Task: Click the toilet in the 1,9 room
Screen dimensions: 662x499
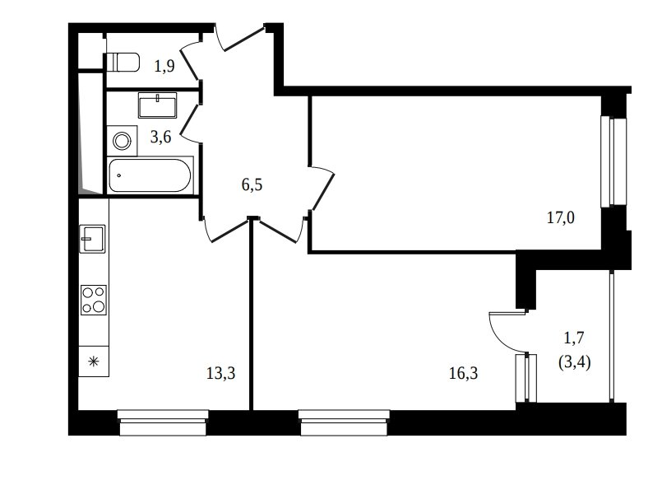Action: tap(122, 63)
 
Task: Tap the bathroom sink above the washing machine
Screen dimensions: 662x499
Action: tap(157, 105)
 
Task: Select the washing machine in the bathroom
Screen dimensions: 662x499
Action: tap(122, 141)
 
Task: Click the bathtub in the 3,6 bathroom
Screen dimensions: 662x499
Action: tap(150, 175)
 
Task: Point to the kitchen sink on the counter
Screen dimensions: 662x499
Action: tap(92, 239)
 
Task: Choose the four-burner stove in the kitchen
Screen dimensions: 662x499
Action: tap(94, 300)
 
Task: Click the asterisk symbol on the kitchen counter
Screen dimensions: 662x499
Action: tap(93, 361)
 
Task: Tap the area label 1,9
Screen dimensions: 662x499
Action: tap(164, 67)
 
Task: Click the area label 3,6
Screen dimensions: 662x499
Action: tap(161, 137)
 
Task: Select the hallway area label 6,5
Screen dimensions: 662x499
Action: tap(252, 184)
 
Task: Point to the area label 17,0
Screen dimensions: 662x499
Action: tap(561, 217)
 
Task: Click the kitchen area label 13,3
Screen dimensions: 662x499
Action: tap(221, 373)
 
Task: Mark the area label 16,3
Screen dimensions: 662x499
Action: tap(464, 373)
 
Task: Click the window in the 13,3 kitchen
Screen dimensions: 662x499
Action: tap(163, 422)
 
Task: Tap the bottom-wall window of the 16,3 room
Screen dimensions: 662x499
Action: tap(344, 422)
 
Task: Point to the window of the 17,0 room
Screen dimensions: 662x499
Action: tap(613, 161)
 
